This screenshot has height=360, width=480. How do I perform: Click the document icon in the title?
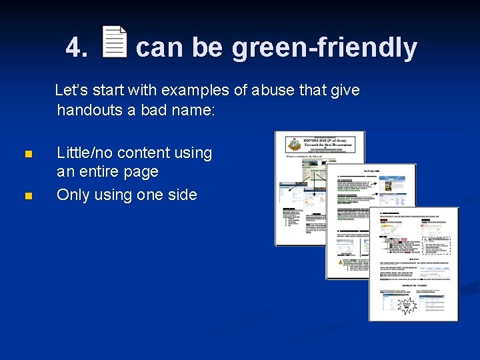[x=115, y=42]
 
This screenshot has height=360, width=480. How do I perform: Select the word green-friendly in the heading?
[x=324, y=48]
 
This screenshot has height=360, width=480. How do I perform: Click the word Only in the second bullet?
[x=72, y=195]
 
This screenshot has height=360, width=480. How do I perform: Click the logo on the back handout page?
[x=295, y=145]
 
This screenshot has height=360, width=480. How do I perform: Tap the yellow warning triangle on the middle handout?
[x=341, y=262]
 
